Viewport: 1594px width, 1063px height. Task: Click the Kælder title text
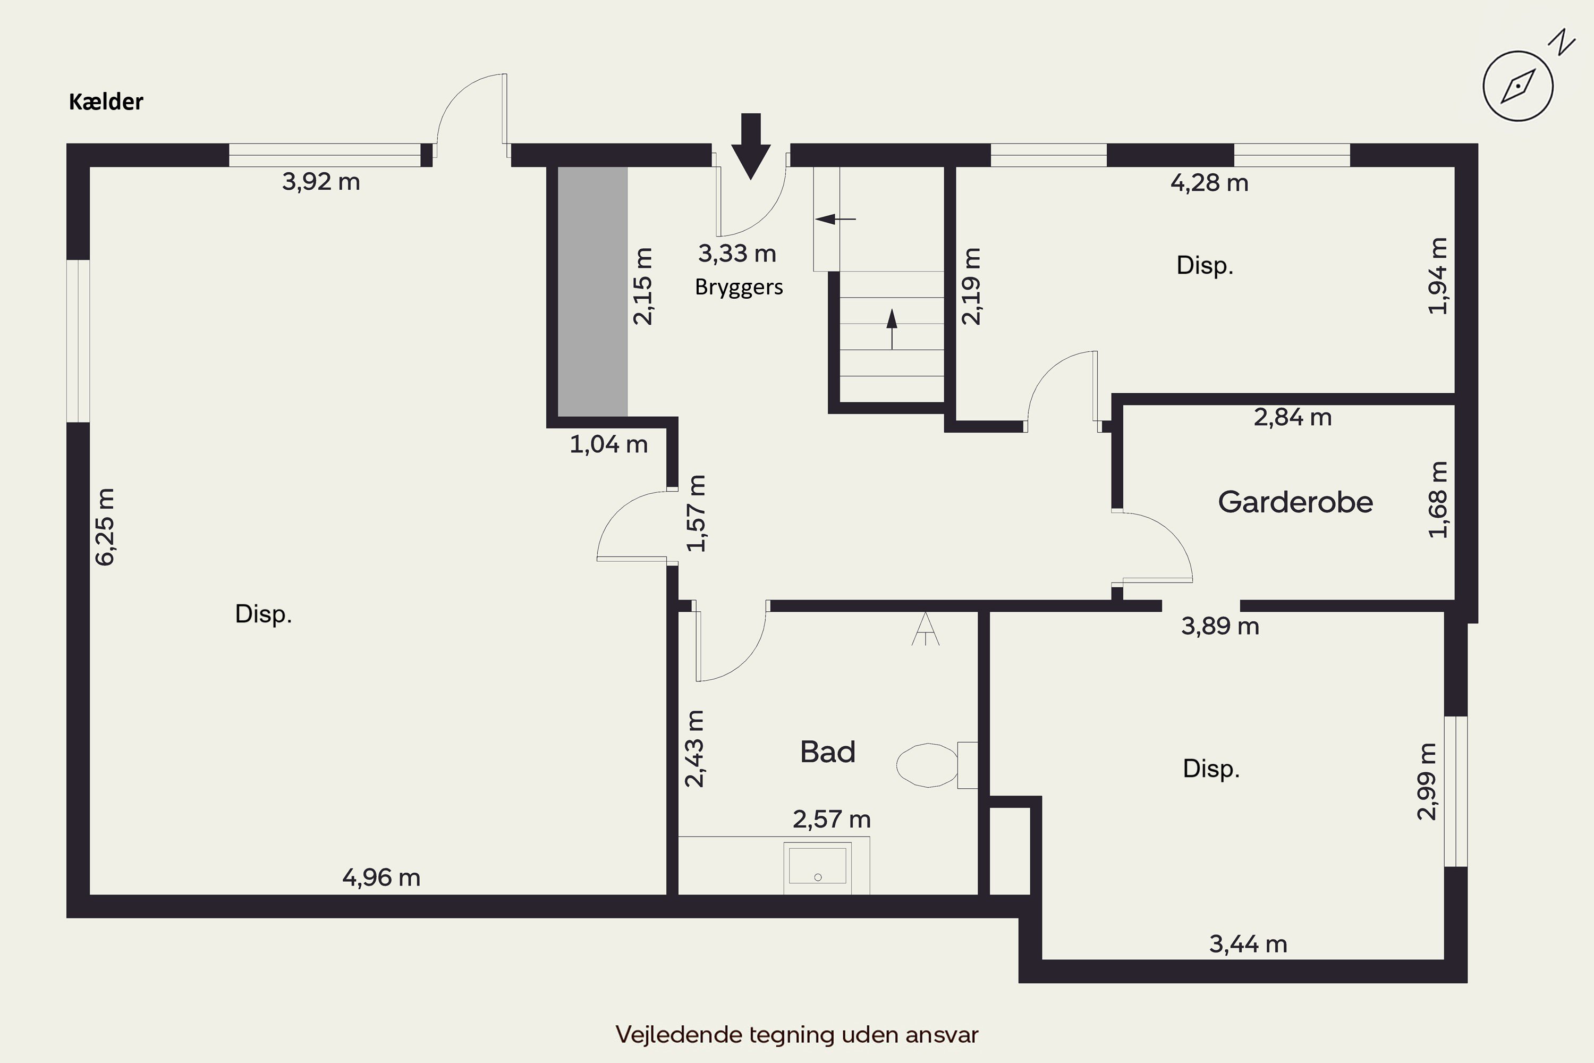pos(106,102)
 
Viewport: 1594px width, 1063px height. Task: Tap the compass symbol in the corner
pos(1518,86)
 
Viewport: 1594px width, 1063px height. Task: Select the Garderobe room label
pos(1295,502)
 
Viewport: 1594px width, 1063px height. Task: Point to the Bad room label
pos(827,752)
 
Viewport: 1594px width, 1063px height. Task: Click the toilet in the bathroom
pos(937,765)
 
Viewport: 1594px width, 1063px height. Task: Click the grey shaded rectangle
pos(592,291)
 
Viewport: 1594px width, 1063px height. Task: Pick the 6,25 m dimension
pos(105,527)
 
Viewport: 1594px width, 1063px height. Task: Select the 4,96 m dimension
pos(381,878)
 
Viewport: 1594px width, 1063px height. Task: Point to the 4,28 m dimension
pos(1210,183)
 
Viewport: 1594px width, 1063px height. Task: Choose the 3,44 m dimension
pos(1248,944)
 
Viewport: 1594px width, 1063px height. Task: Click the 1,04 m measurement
pos(608,445)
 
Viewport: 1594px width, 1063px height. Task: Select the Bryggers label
pos(739,288)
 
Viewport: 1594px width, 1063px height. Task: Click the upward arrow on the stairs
pos(892,329)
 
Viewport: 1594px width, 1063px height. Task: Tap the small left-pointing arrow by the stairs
pos(836,219)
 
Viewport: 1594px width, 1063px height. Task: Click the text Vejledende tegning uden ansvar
pos(797,1034)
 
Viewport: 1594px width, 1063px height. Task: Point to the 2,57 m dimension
pos(832,820)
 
